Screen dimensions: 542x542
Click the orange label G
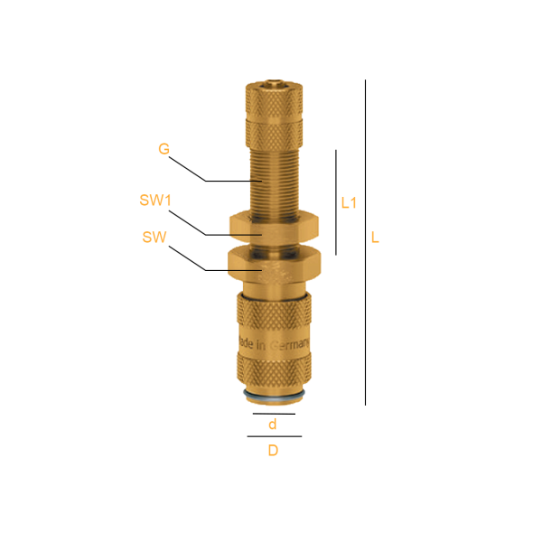coord(164,149)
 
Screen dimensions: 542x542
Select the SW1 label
coord(155,201)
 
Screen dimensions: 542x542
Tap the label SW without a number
coord(154,237)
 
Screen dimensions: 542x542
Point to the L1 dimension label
coord(349,203)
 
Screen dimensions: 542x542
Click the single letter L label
coord(375,238)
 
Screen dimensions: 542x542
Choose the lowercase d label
coord(273,424)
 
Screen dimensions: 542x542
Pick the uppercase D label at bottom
coord(273,451)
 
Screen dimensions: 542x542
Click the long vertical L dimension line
coord(365,242)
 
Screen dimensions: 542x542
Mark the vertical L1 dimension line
coord(336,202)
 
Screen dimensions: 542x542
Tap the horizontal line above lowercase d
coord(274,414)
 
